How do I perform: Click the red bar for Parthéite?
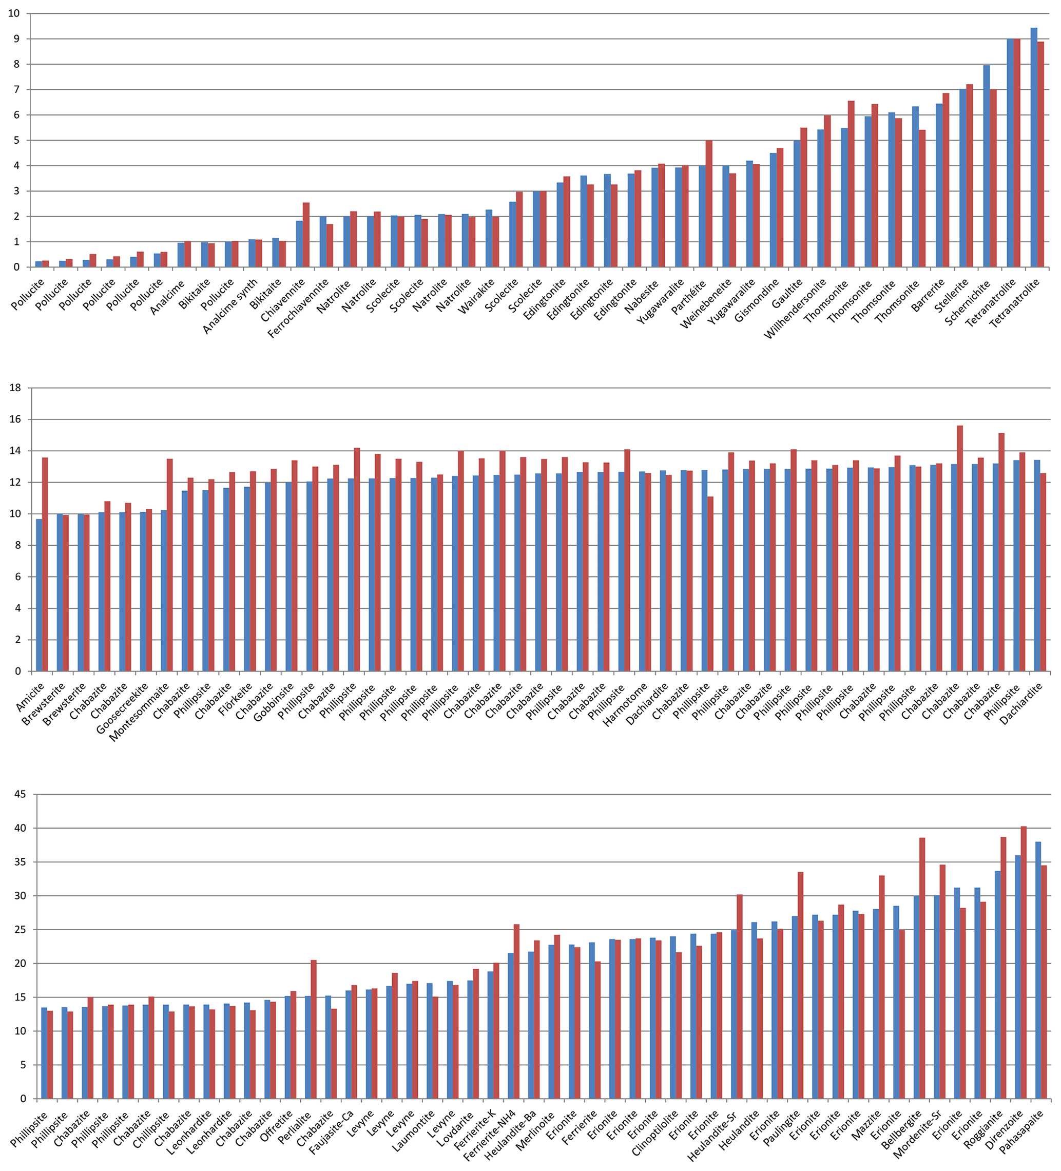click(x=708, y=204)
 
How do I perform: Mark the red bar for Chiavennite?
click(x=306, y=235)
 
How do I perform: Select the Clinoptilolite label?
click(x=655, y=1134)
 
